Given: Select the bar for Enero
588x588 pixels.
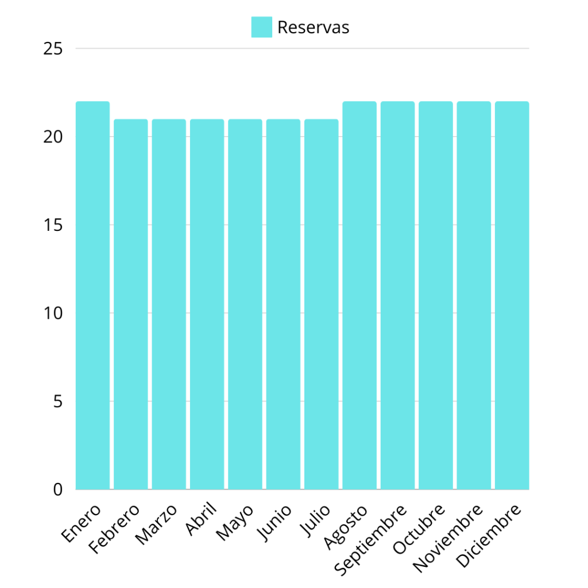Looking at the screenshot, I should click(x=92, y=296).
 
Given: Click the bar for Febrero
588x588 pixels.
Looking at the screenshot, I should click(x=131, y=304).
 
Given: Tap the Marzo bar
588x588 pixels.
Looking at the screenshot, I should click(x=169, y=304).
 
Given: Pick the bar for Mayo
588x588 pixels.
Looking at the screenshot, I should click(x=245, y=304).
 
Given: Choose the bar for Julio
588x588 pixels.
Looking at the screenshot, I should click(x=322, y=304).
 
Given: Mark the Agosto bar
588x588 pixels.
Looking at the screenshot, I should click(x=359, y=296).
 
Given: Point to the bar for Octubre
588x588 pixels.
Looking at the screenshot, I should click(x=436, y=296).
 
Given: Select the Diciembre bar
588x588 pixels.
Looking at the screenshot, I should click(x=512, y=296).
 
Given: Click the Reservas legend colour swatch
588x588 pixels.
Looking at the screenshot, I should click(x=261, y=27).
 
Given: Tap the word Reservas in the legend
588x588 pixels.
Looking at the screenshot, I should click(x=313, y=27).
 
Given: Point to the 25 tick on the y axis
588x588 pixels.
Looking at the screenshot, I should click(x=53, y=49).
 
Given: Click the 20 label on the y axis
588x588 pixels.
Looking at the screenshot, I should click(x=53, y=137).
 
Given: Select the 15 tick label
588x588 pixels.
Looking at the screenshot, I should click(x=53, y=225).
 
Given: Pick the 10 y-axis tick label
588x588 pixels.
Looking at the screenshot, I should click(x=53, y=313).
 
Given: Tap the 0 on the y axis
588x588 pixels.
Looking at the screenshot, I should click(x=57, y=489).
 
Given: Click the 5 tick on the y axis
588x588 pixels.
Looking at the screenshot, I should click(x=57, y=401).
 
